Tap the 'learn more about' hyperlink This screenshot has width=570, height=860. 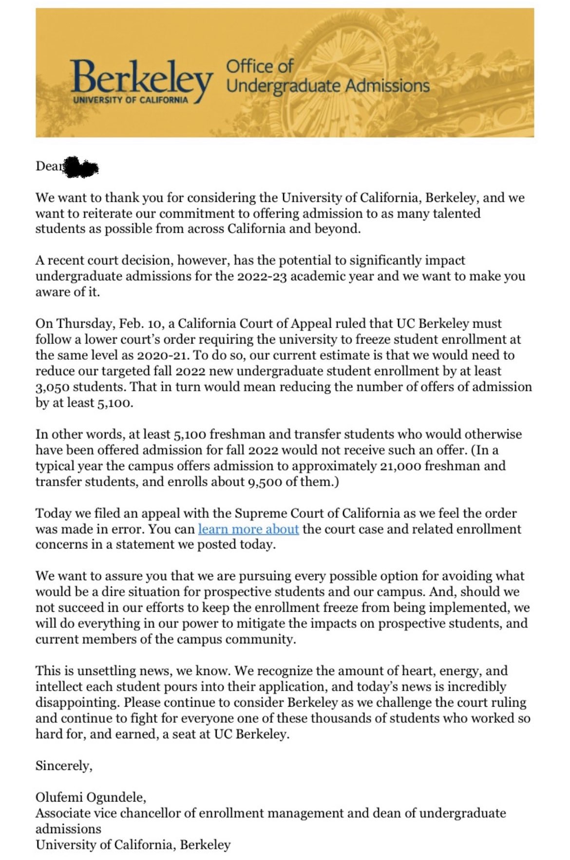coord(248,529)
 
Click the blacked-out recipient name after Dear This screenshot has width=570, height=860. coord(81,167)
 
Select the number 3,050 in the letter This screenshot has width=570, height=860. coord(55,387)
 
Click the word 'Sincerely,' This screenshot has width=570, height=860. coord(64,766)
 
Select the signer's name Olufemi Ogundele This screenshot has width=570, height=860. coord(90,797)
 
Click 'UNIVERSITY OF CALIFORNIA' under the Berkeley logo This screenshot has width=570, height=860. coord(130,100)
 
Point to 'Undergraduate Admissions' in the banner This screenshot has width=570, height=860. coord(328,86)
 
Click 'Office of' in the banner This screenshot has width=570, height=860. coord(260,66)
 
